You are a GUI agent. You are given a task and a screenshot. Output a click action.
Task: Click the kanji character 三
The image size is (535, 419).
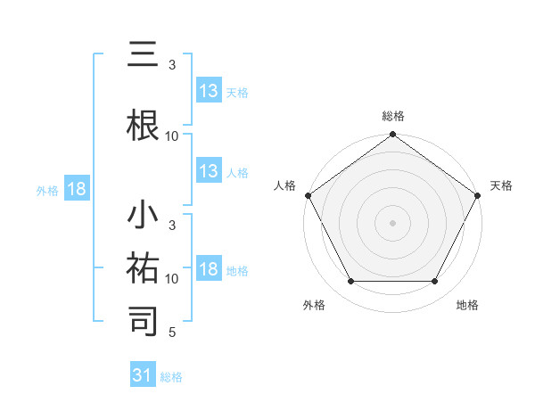pyautogui.click(x=144, y=54)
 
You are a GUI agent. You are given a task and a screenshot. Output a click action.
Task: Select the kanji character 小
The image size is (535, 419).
pyautogui.click(x=144, y=217)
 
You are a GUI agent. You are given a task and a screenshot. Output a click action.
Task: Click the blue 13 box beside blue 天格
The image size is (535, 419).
pyautogui.click(x=209, y=91)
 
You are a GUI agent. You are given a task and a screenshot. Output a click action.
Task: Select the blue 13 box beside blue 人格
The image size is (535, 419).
pyautogui.click(x=209, y=172)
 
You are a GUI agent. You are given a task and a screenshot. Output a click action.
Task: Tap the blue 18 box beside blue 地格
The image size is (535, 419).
pyautogui.click(x=209, y=270)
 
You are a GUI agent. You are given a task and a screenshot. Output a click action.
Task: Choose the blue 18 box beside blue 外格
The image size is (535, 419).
pyautogui.click(x=76, y=189)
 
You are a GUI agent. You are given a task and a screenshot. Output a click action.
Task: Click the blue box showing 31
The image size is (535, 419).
pyautogui.click(x=143, y=375)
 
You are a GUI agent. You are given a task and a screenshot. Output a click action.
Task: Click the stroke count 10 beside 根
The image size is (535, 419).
pyautogui.click(x=172, y=136)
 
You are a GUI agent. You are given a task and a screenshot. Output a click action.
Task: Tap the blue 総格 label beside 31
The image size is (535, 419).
pyautogui.click(x=171, y=377)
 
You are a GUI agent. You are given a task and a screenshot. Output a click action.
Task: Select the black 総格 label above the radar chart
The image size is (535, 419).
pyautogui.click(x=392, y=117)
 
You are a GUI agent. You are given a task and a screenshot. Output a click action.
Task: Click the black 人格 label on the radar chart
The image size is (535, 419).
pyautogui.click(x=285, y=185)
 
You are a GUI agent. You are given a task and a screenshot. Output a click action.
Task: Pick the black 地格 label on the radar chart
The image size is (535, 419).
pyautogui.click(x=466, y=306)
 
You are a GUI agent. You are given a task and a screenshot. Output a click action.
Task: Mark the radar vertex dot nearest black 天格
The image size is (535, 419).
pyautogui.click(x=478, y=195)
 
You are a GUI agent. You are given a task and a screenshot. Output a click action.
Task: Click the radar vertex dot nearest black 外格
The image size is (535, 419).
pyautogui.click(x=350, y=282)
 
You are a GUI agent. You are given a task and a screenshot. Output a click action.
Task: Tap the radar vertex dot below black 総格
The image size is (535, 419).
pyautogui.click(x=392, y=136)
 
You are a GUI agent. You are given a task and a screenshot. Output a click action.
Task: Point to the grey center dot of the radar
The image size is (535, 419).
pyautogui.click(x=392, y=223)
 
